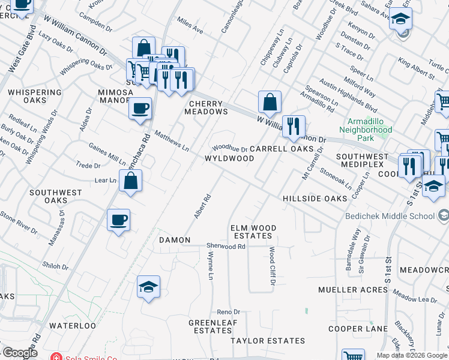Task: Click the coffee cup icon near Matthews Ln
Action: [140, 109]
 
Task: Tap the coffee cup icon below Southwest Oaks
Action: [118, 220]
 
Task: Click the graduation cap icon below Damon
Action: [148, 287]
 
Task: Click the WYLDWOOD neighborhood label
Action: [229, 158]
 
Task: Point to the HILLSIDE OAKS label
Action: [315, 198]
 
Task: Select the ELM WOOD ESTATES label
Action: [253, 232]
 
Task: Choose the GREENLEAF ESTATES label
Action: [210, 326]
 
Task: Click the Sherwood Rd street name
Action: [226, 247]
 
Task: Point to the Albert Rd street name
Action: [201, 206]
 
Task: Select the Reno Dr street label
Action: [228, 312]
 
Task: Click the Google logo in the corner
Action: [19, 353]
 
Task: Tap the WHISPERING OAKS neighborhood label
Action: [35, 97]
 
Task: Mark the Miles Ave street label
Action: [190, 25]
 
